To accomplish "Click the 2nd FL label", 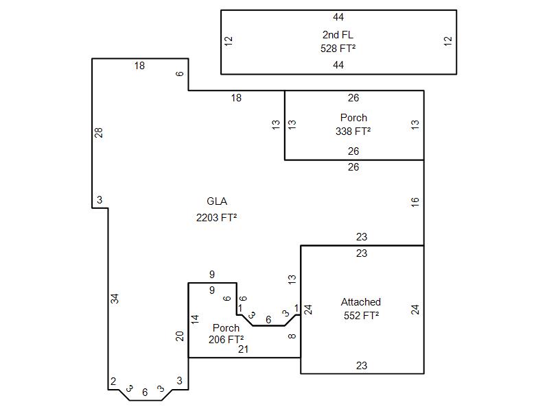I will pos(338,34).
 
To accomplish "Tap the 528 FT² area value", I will pos(338,49).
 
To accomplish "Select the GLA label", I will pos(217,201).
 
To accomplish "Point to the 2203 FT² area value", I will pos(217,218).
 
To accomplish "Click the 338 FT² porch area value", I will pos(353,132).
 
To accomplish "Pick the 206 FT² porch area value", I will pos(226,339).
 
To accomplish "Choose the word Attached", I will pos(361,302).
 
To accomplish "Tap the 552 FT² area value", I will pos(362,316).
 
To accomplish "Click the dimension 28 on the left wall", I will pos(99,132).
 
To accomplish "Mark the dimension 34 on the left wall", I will pos(115,299).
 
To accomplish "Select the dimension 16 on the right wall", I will pos(415,202).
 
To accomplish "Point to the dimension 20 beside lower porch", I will pos(180,336).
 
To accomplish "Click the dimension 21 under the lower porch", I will pos(243,349).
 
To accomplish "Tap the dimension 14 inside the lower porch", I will pos(195,319).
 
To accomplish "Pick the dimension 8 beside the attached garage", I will pos(292,336).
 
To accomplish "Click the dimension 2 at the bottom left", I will pos(113,381).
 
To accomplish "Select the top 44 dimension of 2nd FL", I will pos(338,17).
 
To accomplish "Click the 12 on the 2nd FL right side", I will pos(448,41).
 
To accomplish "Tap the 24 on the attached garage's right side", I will pos(415,310).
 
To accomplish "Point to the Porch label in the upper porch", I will pos(353,118).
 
